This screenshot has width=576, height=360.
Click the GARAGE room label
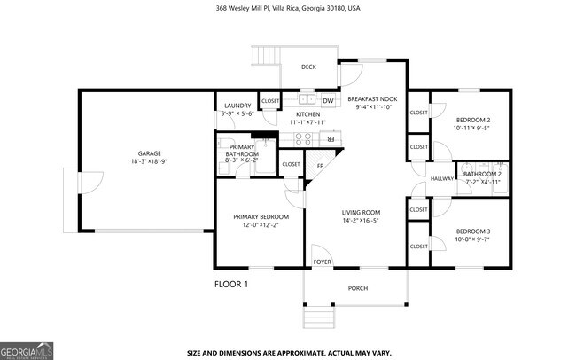pos(149,153)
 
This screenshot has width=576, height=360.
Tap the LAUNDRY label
pos(237,106)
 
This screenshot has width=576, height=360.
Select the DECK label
pos(308,67)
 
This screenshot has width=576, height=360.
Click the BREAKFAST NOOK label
pos(372,99)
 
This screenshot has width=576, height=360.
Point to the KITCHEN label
pos(307,115)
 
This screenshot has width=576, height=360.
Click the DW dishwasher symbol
pos(327,101)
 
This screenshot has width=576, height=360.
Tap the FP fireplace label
pos(319,166)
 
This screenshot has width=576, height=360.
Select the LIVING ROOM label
pos(361,212)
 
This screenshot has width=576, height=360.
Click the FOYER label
pos(322,262)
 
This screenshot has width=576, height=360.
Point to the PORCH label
pos(356,287)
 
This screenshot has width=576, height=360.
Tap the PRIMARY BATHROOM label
pos(242,151)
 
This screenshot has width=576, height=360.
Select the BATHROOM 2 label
pos(482,174)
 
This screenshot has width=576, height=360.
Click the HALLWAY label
pos(441,179)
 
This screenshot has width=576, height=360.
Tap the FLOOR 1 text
pos(231,285)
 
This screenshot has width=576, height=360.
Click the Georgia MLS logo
pos(27,350)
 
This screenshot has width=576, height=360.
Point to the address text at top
pos(288,8)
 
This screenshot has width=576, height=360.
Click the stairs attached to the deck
pos(265,57)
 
